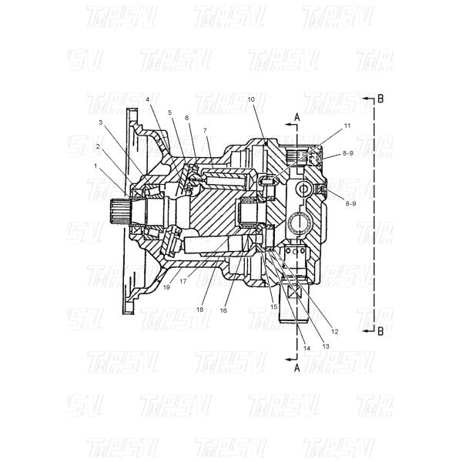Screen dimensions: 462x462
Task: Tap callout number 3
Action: tap(100, 122)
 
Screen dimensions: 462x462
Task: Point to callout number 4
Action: tap(147, 100)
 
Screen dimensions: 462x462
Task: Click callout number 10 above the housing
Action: tap(251, 100)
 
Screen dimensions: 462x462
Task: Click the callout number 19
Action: tap(166, 286)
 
